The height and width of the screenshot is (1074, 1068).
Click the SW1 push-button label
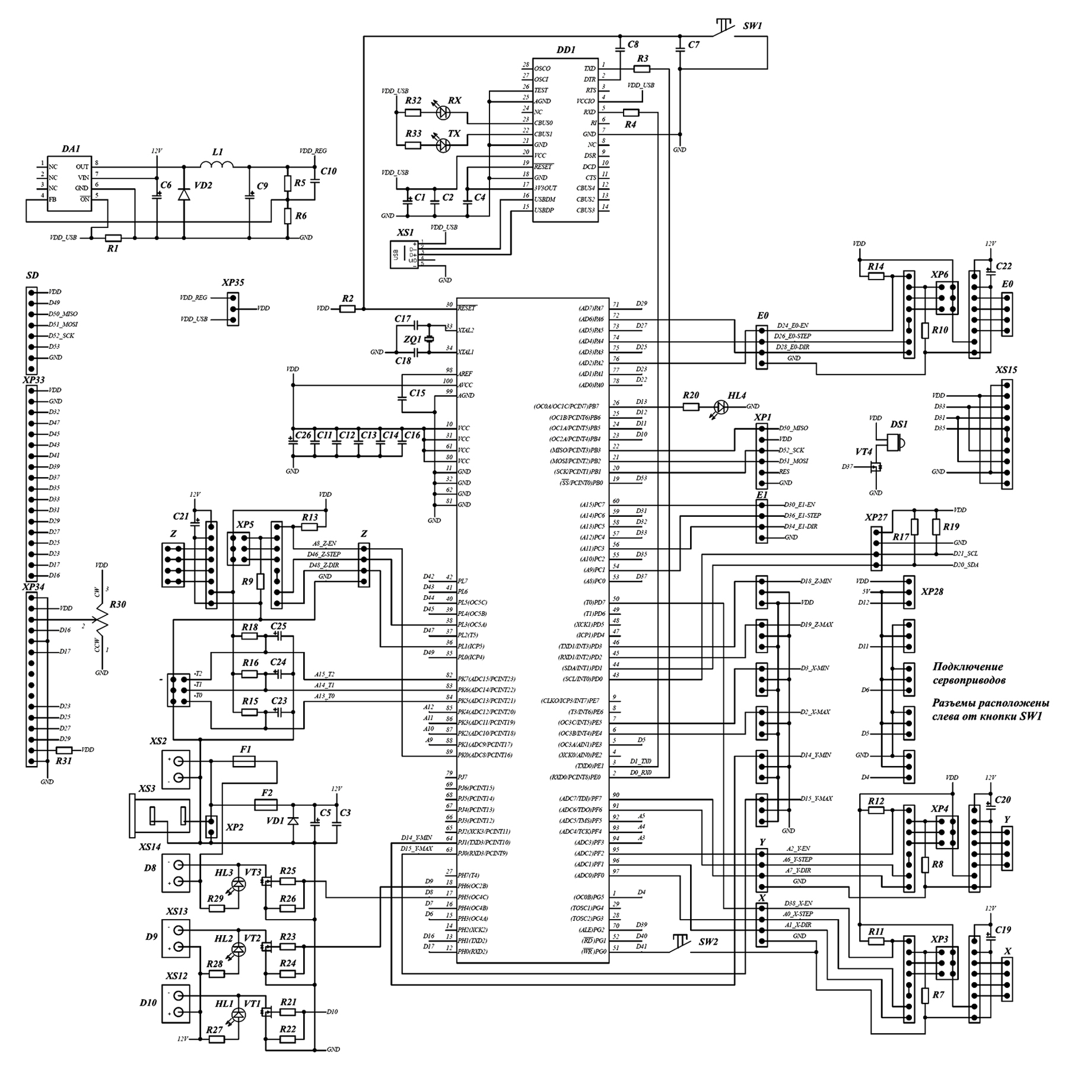(752, 26)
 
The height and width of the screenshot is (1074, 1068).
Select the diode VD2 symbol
(184, 193)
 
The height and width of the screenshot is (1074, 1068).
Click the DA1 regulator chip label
(71, 150)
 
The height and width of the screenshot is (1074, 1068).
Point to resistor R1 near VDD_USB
(113, 238)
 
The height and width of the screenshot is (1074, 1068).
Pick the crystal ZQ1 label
(412, 340)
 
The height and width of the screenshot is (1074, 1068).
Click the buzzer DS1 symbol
(895, 441)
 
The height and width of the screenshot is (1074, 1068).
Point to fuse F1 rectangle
(244, 761)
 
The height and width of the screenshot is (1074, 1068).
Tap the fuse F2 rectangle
(265, 805)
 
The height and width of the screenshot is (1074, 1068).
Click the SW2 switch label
(708, 942)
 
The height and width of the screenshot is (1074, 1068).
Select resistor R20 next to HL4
(691, 406)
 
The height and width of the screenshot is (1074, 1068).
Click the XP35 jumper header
(233, 309)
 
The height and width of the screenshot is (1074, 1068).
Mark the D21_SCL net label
(965, 554)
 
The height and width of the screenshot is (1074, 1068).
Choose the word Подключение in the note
(959, 666)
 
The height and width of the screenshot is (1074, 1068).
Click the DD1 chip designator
(565, 50)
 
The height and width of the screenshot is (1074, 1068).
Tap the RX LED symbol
(443, 112)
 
